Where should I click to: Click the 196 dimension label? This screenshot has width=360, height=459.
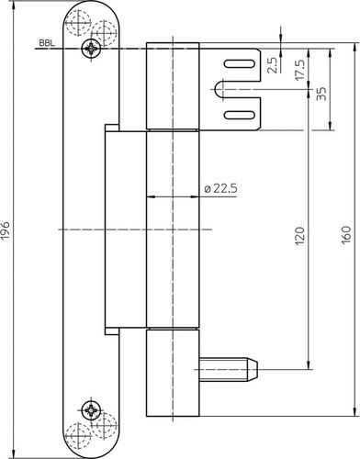6,229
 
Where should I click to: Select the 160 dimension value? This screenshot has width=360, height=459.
346,235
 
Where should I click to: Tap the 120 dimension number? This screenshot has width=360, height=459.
300,236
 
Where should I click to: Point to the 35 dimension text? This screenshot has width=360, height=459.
321,94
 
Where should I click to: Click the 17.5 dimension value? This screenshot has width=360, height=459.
300,70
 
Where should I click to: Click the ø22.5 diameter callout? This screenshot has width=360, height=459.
221,188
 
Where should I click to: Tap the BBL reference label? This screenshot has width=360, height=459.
47,43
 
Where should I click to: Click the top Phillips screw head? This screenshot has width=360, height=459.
91,49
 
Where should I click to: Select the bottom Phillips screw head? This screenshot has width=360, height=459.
91,409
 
